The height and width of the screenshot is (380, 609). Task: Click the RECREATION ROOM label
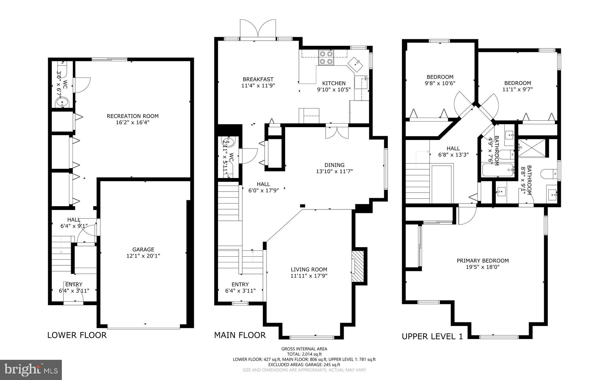point(133,116)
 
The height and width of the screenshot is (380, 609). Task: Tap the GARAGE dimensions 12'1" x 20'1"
point(143,256)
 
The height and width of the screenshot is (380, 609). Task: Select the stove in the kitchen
point(326,58)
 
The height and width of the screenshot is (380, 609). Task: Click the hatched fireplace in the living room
point(358,267)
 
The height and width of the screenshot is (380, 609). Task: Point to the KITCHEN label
point(334,83)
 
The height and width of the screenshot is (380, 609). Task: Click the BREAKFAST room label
point(258,79)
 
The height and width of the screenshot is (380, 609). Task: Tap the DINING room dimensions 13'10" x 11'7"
point(334,171)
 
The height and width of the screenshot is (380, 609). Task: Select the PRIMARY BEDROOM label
point(483,261)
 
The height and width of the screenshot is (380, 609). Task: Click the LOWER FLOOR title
point(77,335)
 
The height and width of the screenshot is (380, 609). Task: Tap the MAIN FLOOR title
point(240,335)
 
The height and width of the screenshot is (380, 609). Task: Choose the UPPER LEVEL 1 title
point(432,337)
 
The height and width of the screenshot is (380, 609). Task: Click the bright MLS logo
point(31,370)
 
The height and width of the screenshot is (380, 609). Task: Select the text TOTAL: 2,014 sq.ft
point(304,354)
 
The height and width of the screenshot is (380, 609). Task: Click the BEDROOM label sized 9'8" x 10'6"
point(440,77)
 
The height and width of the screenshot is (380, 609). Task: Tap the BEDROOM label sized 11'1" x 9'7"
point(517,83)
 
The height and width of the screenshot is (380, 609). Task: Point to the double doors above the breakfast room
point(258,30)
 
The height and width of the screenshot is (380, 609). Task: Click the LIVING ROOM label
point(309,269)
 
